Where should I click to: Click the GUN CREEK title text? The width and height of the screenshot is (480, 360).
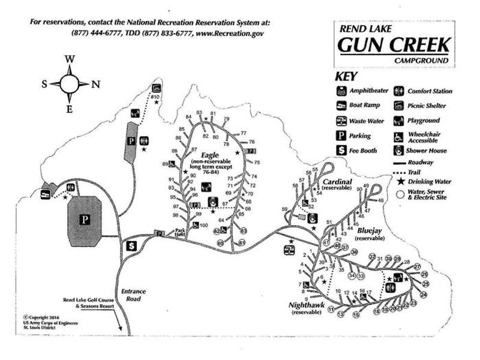394,44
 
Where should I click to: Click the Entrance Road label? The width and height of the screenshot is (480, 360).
133,295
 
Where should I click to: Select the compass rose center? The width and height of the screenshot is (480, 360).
70,83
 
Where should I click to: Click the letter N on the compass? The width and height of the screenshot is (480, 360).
95,83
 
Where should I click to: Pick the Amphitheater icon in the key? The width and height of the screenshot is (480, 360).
341,92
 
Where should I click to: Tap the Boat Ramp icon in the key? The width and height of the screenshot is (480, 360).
341,106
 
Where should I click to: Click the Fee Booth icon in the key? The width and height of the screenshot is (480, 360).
341,150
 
